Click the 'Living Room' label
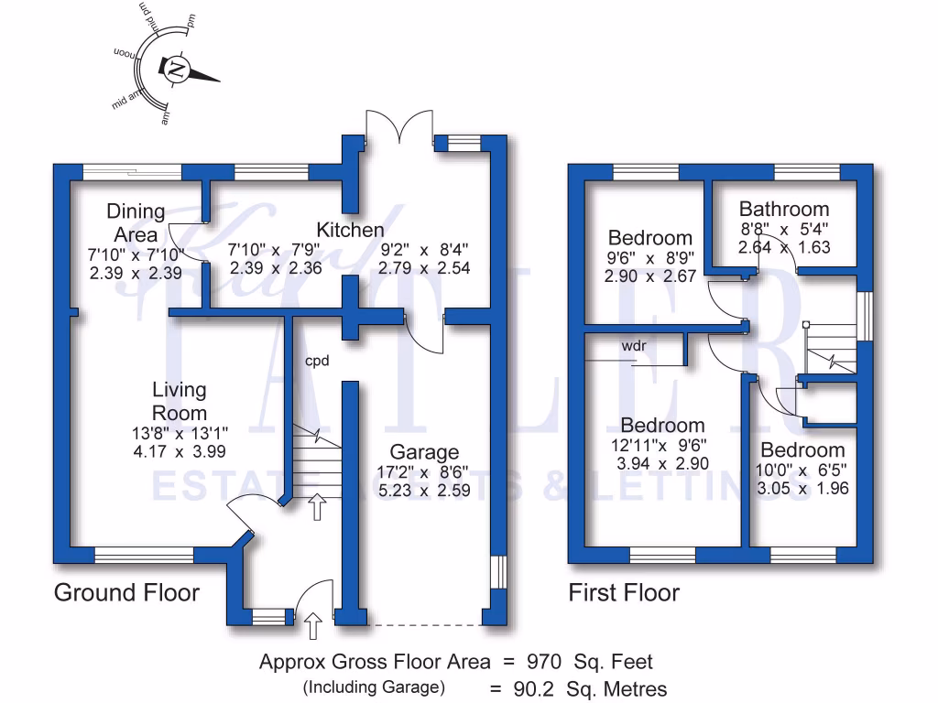point(180,402)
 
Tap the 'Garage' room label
point(424,452)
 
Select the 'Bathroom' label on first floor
point(784,209)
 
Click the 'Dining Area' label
point(136,222)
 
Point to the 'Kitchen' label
point(350,229)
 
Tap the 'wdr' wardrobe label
point(634,347)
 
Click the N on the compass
point(176,69)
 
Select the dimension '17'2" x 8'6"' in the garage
point(424,472)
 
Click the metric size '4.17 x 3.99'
point(180,451)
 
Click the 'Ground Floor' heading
point(126,592)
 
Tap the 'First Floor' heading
point(624,593)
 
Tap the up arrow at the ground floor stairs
point(318,506)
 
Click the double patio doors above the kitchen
point(398,128)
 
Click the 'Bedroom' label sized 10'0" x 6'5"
point(802,450)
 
